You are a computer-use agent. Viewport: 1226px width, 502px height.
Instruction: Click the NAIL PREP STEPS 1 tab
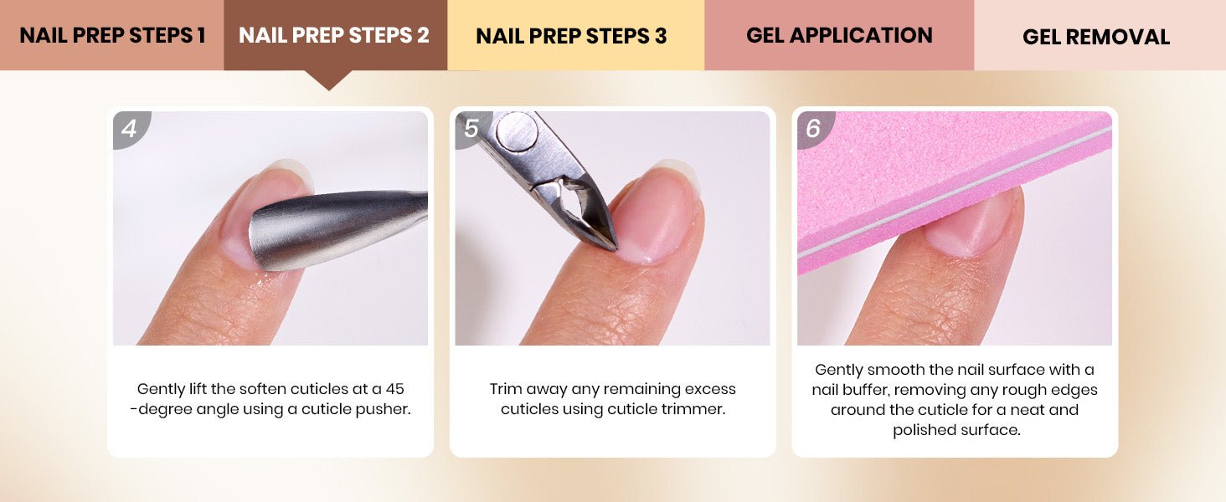coord(111,35)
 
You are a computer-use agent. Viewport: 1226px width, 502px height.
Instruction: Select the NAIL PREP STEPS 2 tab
coord(335,35)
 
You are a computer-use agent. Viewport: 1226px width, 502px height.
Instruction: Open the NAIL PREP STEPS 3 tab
coord(576,35)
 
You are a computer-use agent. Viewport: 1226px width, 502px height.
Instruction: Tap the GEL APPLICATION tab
coord(839,35)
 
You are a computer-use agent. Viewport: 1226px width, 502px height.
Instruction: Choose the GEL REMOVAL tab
coord(1100,35)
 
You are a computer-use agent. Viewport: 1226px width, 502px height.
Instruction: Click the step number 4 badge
coord(130,129)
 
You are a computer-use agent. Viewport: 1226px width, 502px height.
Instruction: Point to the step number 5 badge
coord(470,129)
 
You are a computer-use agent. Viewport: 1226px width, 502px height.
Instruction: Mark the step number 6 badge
coord(813,129)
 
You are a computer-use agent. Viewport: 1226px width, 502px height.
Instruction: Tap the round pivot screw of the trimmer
coord(517,131)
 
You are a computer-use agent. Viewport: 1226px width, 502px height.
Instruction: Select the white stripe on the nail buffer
coord(955,192)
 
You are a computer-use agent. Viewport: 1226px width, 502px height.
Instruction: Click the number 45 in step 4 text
coord(394,389)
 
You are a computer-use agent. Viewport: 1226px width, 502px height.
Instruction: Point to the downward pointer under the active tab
coord(329,79)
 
